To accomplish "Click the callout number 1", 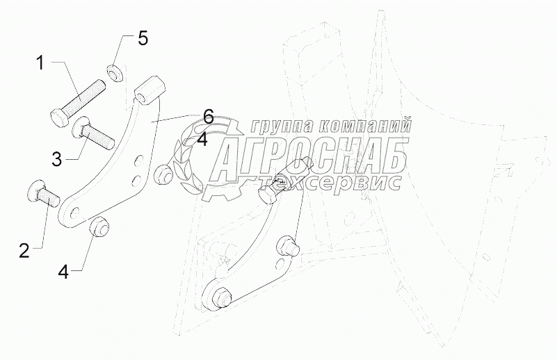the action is coord(40,64).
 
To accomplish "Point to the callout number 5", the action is coord(143,39).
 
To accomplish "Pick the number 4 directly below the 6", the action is coord(202,140).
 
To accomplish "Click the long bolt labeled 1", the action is coord(77,100).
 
